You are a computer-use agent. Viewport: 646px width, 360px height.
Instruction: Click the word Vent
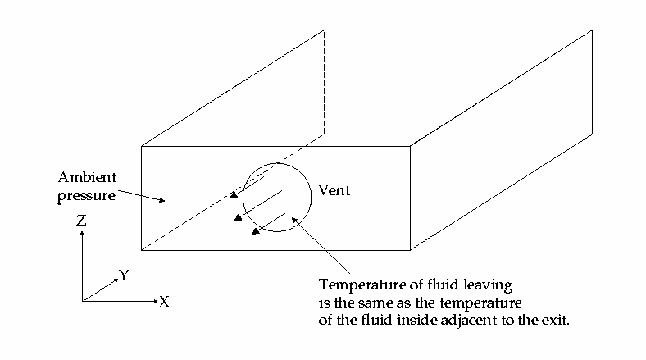(x=334, y=190)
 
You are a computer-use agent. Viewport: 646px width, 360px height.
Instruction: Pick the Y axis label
(x=124, y=276)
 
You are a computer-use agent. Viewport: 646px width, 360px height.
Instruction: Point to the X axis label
(x=164, y=302)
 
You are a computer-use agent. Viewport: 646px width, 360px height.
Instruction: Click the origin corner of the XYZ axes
(x=82, y=301)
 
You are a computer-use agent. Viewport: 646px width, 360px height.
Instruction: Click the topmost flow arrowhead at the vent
(x=233, y=196)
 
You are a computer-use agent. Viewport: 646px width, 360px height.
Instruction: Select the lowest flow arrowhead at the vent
(x=256, y=231)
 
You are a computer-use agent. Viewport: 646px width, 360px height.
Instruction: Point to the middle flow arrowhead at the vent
(x=238, y=217)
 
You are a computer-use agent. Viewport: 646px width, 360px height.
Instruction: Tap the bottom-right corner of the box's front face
(x=410, y=250)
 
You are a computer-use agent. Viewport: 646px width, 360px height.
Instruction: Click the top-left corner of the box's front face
(x=142, y=146)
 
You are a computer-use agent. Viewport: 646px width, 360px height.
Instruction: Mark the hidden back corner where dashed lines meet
(x=324, y=133)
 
